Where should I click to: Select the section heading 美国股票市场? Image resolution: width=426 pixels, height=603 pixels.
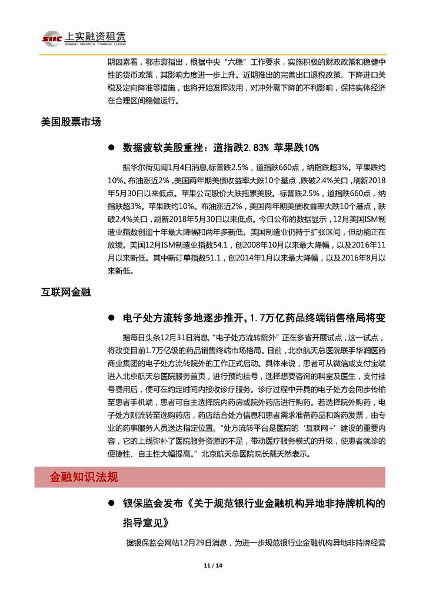pyautogui.click(x=71, y=123)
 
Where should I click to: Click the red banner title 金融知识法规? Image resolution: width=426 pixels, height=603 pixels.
pyautogui.click(x=84, y=477)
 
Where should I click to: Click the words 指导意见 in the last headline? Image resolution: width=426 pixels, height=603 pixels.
pyautogui.click(x=142, y=523)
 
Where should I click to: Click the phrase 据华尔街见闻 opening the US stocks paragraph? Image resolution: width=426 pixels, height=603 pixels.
pyautogui.click(x=142, y=166)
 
